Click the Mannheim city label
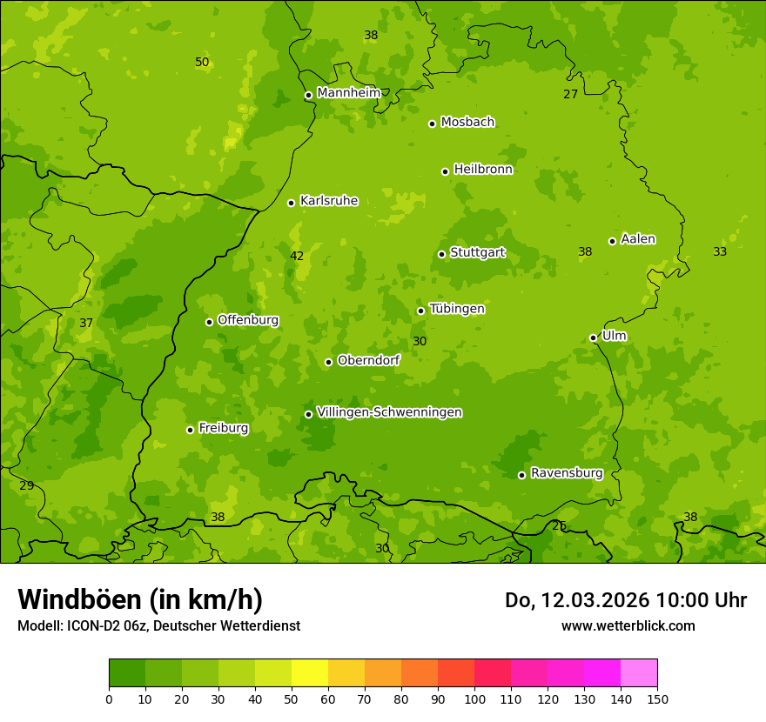(x=348, y=93)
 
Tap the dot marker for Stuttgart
(x=441, y=254)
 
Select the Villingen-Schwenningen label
(x=389, y=412)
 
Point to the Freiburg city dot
(x=190, y=430)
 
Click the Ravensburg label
(x=567, y=473)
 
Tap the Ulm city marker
(x=593, y=338)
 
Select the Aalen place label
(x=638, y=239)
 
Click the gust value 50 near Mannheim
(x=202, y=63)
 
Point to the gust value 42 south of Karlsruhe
(x=297, y=256)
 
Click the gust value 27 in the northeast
(x=570, y=94)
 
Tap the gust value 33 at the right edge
(x=720, y=251)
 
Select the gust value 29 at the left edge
(x=26, y=485)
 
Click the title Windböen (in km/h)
(x=140, y=599)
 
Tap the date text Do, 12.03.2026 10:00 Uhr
(x=625, y=600)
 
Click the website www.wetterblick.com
(x=628, y=626)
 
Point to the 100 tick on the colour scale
(x=474, y=699)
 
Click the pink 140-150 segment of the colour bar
(x=639, y=673)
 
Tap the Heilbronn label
(x=483, y=170)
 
